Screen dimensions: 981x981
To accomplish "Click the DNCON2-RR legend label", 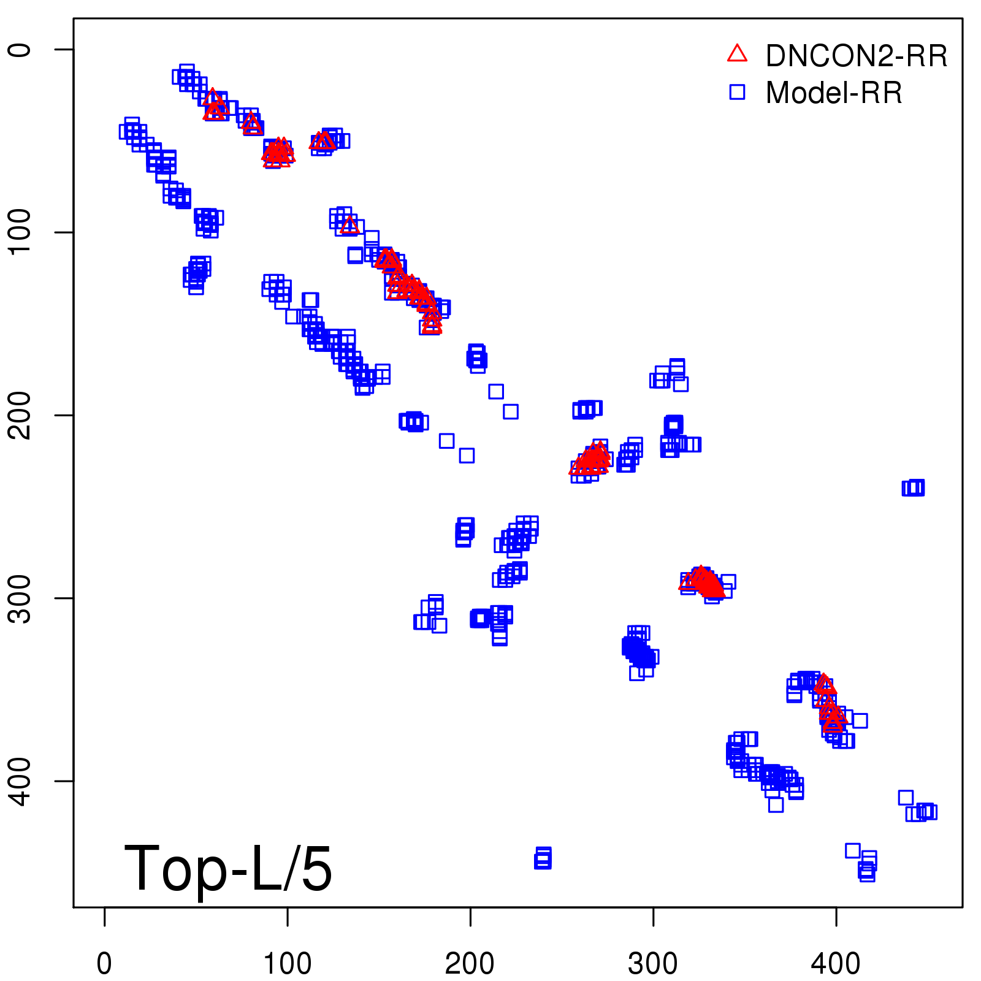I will (x=856, y=56).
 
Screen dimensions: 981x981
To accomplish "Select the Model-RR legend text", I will (x=834, y=93).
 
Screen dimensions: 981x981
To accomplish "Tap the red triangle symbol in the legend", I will (x=737, y=54).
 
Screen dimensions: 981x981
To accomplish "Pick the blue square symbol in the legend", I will (x=737, y=92).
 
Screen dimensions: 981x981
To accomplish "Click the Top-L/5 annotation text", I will (x=228, y=868).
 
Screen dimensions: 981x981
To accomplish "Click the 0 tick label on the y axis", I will (x=20, y=49).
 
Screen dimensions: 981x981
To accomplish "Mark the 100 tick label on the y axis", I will (x=20, y=232).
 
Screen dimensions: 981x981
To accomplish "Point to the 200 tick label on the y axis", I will (x=20, y=415).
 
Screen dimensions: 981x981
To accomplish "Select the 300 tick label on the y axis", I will (x=20, y=598).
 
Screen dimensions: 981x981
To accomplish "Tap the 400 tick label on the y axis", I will (x=20, y=781).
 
